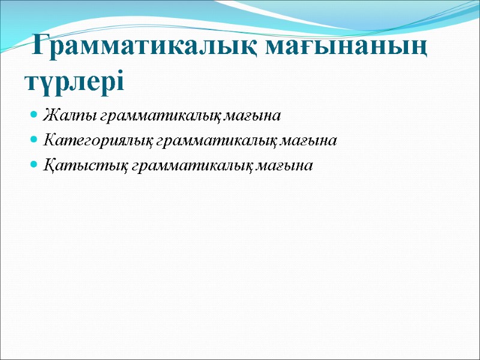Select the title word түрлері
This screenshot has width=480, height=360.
click(x=74, y=80)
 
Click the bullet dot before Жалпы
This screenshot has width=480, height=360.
click(x=34, y=114)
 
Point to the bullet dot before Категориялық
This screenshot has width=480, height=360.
click(x=34, y=140)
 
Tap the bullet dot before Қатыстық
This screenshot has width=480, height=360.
click(x=34, y=166)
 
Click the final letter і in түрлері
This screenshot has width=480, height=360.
click(x=119, y=80)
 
